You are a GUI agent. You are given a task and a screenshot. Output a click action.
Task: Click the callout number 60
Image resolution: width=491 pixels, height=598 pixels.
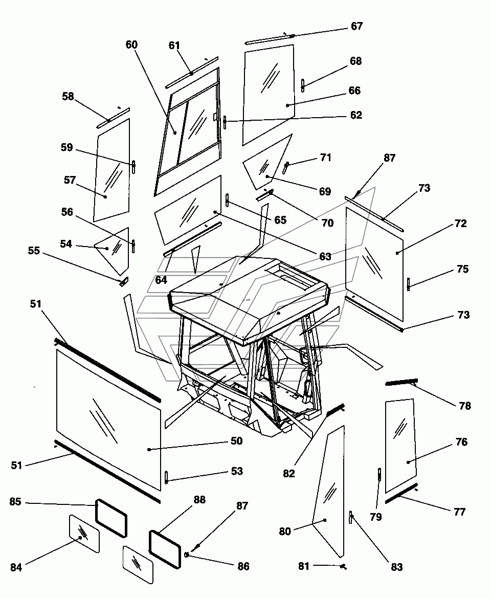click(131, 45)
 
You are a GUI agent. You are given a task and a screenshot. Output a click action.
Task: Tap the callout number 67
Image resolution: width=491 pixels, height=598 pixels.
click(356, 26)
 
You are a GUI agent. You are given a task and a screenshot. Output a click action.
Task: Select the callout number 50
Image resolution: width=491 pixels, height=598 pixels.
click(236, 441)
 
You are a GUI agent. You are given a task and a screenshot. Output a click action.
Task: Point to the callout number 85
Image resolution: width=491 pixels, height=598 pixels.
click(15, 502)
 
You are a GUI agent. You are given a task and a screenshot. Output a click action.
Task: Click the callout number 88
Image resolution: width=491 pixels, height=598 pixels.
click(199, 500)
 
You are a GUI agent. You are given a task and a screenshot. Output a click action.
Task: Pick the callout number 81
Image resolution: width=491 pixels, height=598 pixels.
click(304, 566)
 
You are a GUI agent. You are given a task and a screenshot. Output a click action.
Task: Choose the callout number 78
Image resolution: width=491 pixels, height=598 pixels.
click(465, 406)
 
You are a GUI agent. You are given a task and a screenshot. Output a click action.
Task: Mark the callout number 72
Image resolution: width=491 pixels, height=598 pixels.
click(461, 224)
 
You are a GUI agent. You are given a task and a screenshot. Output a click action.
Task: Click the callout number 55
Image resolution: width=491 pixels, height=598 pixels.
click(34, 251)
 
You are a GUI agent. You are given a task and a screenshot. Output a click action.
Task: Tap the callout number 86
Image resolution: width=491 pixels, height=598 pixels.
click(243, 566)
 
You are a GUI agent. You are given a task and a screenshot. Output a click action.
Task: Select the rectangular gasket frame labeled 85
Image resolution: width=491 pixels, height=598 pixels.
click(111, 518)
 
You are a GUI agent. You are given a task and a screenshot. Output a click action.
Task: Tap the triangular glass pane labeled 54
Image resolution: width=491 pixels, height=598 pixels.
click(115, 249)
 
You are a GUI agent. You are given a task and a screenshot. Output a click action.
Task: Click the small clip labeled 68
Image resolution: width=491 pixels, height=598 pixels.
click(303, 85)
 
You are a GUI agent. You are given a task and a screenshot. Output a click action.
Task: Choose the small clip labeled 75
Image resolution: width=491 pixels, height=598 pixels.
click(408, 283)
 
